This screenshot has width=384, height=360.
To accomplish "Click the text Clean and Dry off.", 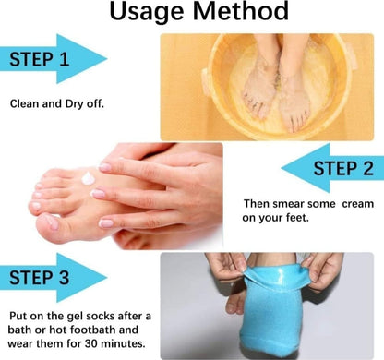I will tap(57, 102).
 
